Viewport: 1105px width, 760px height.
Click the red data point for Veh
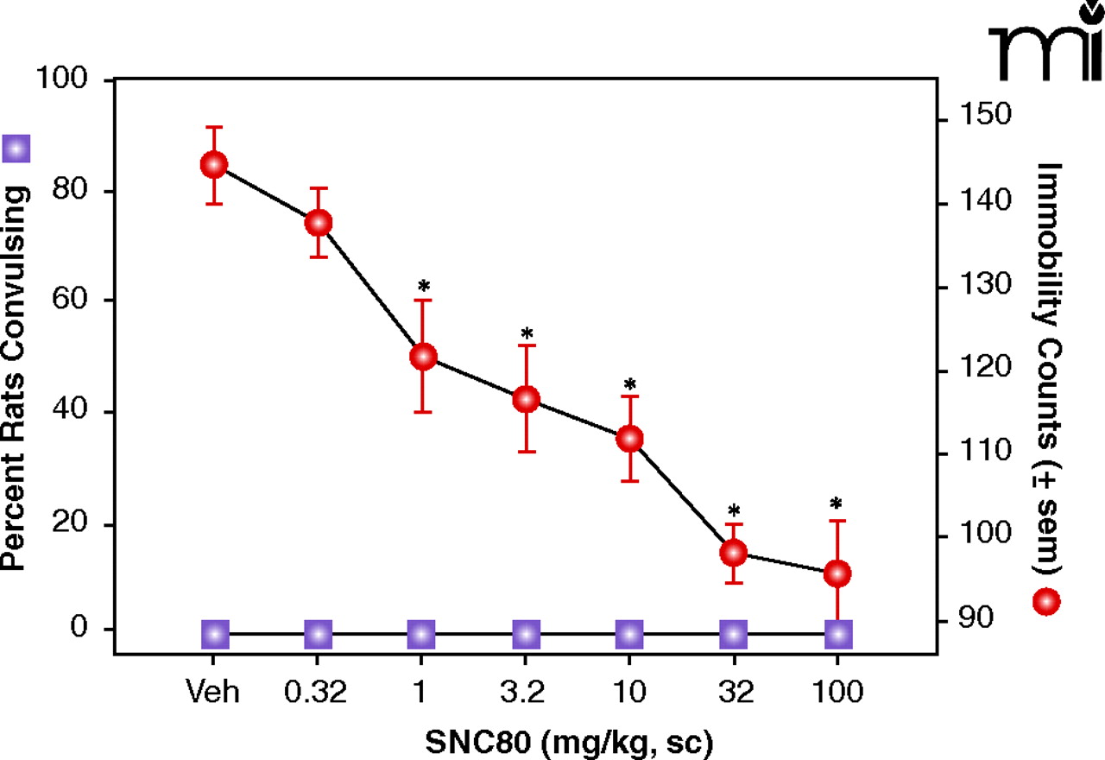pos(214,165)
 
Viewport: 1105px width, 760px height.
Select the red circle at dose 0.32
pos(319,223)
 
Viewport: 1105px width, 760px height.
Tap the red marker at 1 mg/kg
pos(423,356)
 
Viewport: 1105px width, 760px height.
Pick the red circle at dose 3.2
pos(527,399)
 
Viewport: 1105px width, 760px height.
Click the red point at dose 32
pos(734,553)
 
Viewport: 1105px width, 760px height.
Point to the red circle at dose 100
pos(837,573)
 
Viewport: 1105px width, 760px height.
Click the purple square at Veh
pos(215,634)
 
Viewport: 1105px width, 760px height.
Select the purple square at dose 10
pos(630,634)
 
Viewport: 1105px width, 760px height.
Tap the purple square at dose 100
pos(838,634)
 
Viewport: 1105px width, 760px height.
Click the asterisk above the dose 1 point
pos(423,286)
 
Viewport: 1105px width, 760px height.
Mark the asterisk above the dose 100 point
pos(837,504)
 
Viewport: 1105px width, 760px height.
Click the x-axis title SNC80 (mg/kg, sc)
pos(570,742)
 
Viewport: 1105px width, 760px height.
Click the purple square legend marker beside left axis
pos(16,149)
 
